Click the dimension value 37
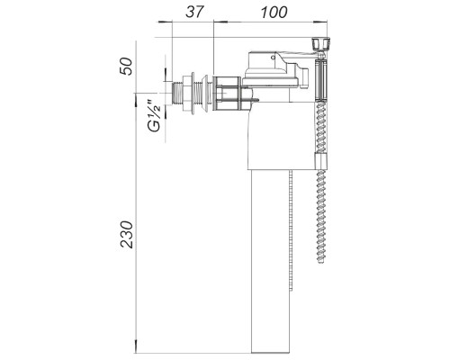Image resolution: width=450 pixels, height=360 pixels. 194,13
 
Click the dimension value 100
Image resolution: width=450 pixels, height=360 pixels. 274,13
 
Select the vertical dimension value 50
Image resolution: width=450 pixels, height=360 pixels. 126,66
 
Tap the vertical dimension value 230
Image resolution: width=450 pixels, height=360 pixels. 126,234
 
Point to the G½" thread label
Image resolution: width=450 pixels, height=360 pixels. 155,116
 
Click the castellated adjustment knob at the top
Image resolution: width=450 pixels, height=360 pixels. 321,44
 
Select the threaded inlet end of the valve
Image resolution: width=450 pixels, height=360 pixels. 177,93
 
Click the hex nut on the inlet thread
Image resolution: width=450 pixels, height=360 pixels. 188,93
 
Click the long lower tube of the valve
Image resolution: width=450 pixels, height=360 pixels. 270,261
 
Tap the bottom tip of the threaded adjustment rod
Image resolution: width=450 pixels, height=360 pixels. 321,263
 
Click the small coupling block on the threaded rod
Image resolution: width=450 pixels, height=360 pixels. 320,161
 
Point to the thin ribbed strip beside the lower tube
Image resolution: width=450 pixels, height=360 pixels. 291,231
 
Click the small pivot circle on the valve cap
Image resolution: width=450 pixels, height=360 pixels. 273,57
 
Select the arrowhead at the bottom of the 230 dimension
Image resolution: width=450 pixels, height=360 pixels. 136,346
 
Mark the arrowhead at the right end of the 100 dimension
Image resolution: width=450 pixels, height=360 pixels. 320,22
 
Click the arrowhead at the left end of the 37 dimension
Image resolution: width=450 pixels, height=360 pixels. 166,22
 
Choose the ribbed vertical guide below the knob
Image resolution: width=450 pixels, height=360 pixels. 321,80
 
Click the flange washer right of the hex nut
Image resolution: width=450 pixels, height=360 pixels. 207,93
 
